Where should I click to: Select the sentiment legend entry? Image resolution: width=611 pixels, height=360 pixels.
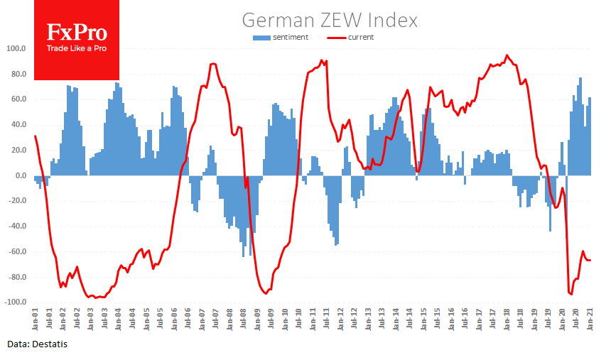point(284,38)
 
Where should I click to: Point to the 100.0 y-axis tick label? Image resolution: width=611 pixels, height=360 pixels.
point(16,49)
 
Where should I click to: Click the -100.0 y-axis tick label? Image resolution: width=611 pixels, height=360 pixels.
point(14,302)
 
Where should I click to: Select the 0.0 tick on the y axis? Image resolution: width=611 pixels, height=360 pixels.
point(20,175)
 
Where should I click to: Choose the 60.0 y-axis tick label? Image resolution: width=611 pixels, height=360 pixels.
point(18,99)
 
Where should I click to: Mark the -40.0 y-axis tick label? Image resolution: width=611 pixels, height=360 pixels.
point(16,227)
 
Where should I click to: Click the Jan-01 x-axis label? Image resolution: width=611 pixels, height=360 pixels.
point(36,317)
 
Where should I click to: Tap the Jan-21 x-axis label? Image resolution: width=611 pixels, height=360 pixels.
point(590,317)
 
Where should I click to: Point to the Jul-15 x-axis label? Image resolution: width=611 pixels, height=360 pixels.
point(437,317)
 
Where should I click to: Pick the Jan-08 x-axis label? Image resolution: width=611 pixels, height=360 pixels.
point(229,317)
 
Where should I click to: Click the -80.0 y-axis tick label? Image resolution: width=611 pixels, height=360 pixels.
point(16,277)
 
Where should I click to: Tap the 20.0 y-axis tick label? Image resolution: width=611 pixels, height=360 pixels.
point(18,151)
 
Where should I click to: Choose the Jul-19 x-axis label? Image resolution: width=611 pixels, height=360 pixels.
point(548,317)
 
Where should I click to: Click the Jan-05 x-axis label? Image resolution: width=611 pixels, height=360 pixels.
point(146,317)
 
